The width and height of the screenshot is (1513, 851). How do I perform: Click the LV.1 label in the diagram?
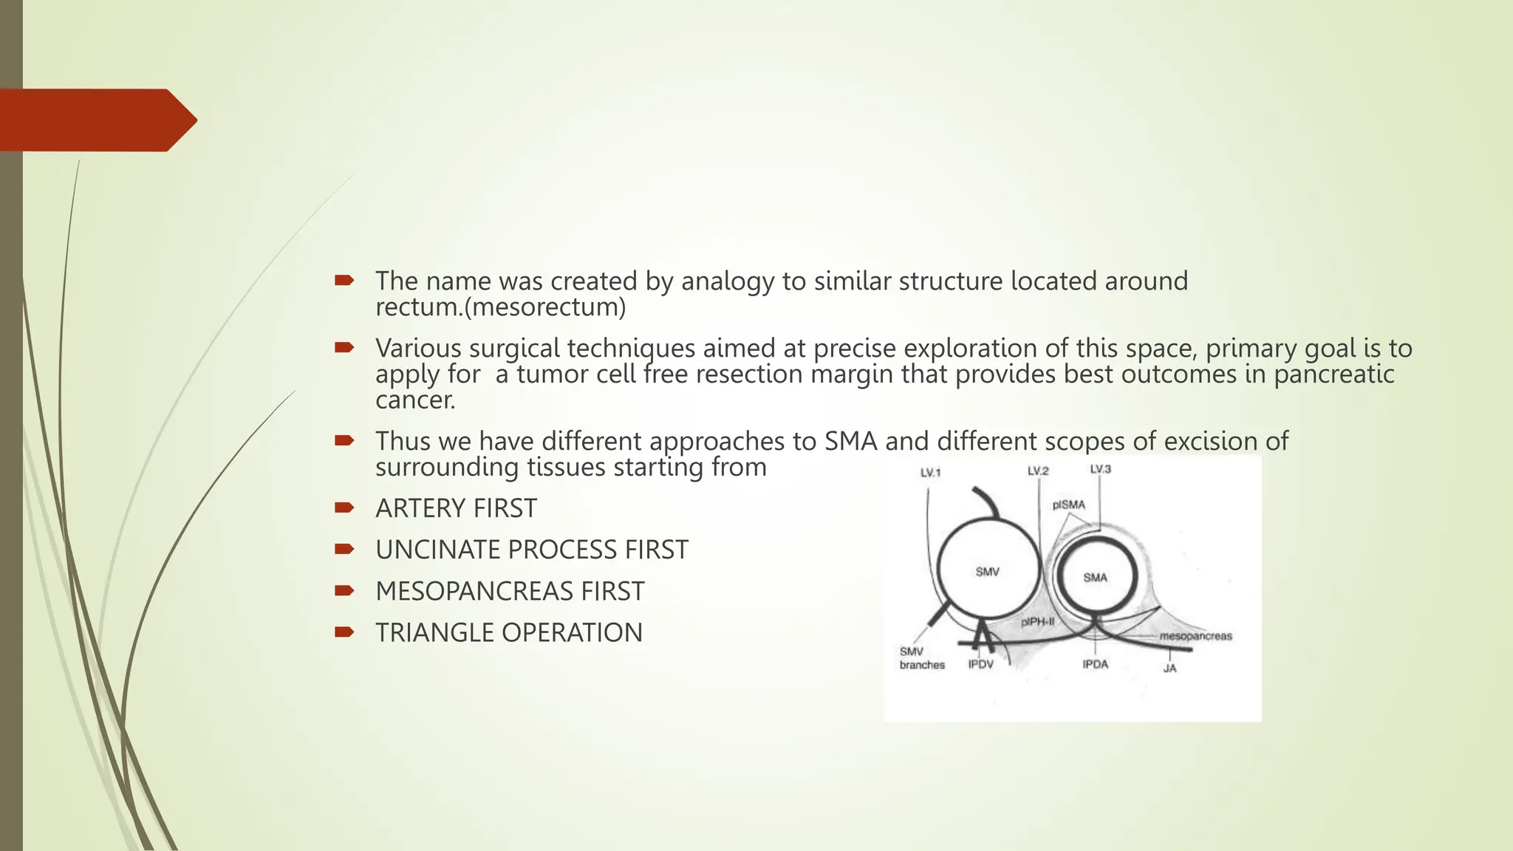[930, 473]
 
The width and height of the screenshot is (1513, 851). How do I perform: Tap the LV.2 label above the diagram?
[1037, 471]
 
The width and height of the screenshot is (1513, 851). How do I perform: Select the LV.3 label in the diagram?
[1100, 469]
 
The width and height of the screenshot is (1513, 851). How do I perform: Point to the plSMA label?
[1069, 505]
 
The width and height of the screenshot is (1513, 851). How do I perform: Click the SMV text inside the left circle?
[987, 572]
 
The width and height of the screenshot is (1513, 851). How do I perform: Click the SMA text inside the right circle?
[1095, 577]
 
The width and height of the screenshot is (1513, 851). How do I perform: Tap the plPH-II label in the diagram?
[1037, 622]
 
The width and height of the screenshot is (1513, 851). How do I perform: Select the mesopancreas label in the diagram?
[1195, 636]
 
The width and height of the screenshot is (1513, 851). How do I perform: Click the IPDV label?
[980, 664]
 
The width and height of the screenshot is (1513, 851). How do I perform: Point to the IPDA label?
[1095, 664]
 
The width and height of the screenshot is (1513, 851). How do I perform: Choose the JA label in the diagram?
[1169, 669]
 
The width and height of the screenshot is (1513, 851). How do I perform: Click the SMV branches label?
[921, 658]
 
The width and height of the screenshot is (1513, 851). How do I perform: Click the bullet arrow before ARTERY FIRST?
[344, 507]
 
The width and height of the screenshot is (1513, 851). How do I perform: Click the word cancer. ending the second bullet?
[415, 400]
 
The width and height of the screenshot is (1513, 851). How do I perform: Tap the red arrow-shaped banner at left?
[96, 120]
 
